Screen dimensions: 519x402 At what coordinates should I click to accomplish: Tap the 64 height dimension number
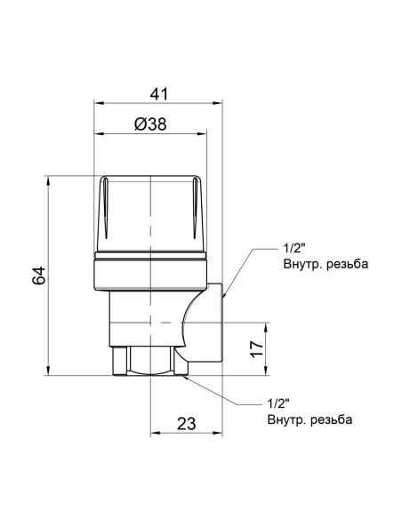point(38,275)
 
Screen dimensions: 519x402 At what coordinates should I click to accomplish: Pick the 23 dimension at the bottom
point(187,424)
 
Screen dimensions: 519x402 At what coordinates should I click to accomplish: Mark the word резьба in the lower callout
point(330,419)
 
